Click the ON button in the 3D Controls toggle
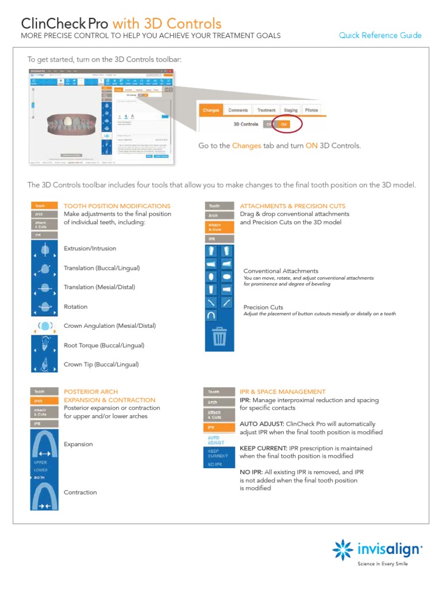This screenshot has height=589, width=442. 284,124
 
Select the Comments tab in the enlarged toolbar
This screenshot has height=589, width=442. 238,110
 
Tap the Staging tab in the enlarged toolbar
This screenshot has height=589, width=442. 291,110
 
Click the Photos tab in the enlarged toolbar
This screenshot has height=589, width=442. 311,110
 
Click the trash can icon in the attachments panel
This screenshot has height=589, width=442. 219,336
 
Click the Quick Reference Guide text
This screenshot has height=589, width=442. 380,36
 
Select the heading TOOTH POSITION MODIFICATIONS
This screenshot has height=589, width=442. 117,206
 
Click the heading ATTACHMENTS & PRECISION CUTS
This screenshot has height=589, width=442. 292,206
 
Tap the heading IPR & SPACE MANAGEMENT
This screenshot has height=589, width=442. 283,392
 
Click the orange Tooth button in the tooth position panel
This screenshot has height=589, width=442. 45,206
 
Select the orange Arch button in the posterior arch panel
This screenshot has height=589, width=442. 45,401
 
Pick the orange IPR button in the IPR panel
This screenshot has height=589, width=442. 219,427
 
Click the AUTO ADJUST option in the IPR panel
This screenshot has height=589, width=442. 219,440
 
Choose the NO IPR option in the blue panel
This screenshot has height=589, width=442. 216,464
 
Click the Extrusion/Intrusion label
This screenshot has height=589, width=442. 90,248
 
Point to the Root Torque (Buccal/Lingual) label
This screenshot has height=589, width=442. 104,345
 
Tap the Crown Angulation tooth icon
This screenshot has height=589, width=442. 45,326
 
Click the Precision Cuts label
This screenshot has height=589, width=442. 263,307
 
